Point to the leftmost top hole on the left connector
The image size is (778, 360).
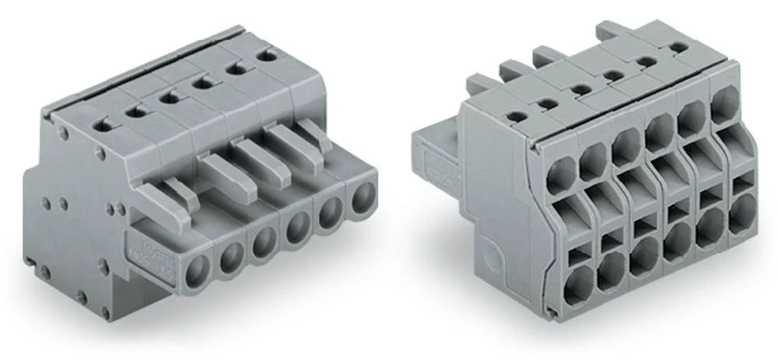pyautogui.click(x=101, y=122)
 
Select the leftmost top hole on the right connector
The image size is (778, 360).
pyautogui.click(x=514, y=117)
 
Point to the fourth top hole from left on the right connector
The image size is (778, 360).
pyautogui.click(x=612, y=75)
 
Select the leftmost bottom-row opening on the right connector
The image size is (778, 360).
pyautogui.click(x=576, y=288)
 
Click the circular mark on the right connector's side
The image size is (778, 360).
pyautogui.click(x=489, y=257)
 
